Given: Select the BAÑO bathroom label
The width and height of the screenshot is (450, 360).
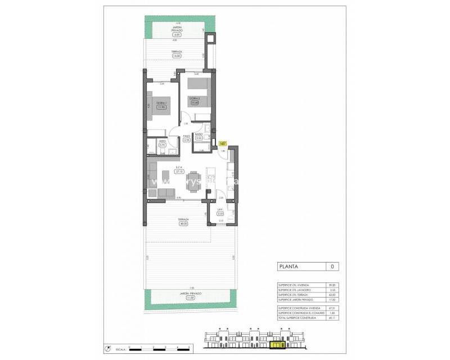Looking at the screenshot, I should [199, 134].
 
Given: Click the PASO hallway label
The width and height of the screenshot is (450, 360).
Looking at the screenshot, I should [186, 136].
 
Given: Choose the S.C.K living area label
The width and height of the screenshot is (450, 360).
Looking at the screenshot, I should [179, 167].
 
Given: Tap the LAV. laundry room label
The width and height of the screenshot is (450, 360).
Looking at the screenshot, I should [220, 210].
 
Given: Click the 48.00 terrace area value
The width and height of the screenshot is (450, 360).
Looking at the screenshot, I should [183, 222].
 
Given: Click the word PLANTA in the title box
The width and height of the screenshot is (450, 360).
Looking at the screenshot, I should [289, 267].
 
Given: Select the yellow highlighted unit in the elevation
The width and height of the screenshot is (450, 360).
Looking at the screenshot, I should [277, 345].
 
